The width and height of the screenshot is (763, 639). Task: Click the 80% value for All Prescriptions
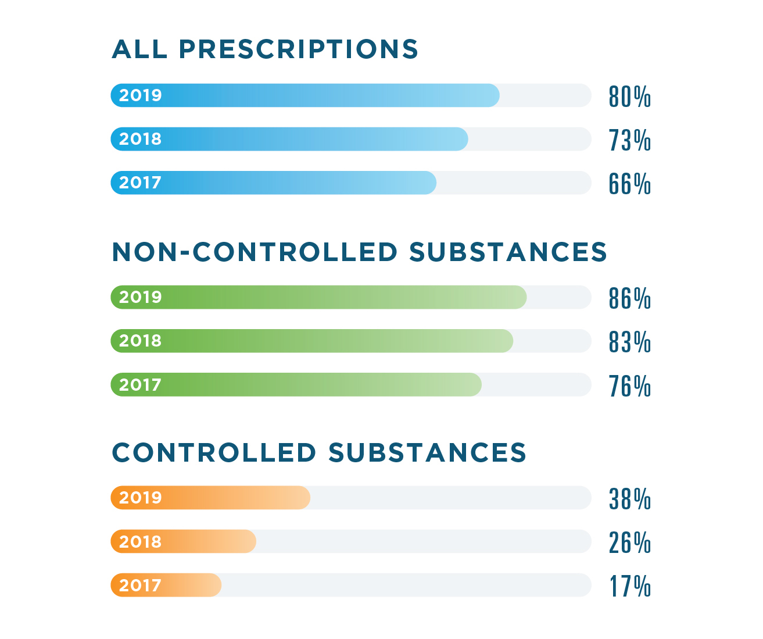coord(629,97)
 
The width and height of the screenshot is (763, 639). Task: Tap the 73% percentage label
coord(629,140)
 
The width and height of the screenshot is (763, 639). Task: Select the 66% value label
coord(629,184)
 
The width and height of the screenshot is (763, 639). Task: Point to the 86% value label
coord(629,298)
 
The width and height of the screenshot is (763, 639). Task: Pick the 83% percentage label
coord(629,342)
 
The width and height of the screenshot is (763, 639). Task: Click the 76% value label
coord(629,386)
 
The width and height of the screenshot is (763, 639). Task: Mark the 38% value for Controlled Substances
coord(629,499)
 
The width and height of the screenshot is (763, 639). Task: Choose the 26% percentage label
coord(629,542)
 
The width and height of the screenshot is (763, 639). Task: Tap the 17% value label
coord(629,587)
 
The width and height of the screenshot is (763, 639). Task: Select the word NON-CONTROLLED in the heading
coord(255,252)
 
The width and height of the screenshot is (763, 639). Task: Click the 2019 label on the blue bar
coord(140,95)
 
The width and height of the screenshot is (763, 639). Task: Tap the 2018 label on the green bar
coord(140,341)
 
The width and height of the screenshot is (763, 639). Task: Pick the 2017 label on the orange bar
coord(140,585)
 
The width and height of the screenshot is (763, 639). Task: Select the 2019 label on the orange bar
coord(140,498)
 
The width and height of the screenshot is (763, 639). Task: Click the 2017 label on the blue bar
coord(140,183)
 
